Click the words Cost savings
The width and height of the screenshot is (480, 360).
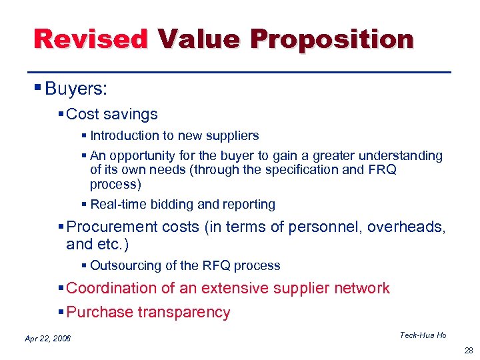pyautogui.click(x=112, y=114)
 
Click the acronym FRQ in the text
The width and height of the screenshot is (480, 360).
pyautogui.click(x=382, y=169)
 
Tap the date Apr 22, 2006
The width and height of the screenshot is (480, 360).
pyautogui.click(x=48, y=339)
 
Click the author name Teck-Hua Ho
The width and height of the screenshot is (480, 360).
pyautogui.click(x=423, y=335)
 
